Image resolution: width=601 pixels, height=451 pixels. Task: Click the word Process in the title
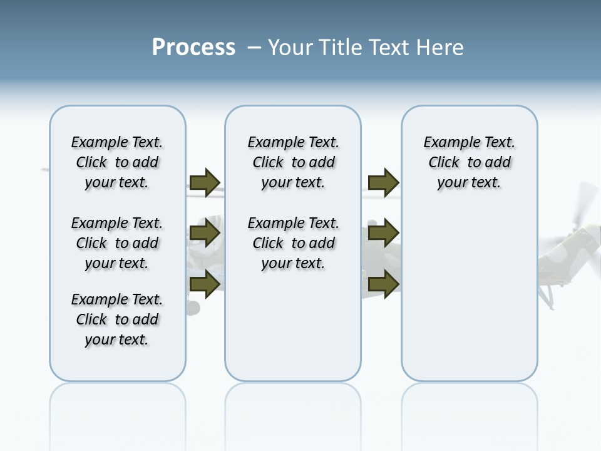coord(193,48)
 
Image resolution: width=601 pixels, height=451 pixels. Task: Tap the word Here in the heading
coord(439,48)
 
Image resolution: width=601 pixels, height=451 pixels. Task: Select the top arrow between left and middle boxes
coord(205,183)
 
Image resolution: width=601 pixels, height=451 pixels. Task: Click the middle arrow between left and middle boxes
coord(205,234)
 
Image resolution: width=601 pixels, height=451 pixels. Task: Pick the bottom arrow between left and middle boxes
coord(205,284)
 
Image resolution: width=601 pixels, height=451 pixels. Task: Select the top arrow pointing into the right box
coord(383,183)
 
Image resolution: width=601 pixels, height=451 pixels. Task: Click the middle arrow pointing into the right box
coord(383,234)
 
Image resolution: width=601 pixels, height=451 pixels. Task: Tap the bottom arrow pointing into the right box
coord(383,284)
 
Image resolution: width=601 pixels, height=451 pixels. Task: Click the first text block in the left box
coord(117,162)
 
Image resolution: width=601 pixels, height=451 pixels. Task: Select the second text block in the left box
coord(117,243)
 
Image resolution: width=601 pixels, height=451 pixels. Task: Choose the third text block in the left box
coord(117,319)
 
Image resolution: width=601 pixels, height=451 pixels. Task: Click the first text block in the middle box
coord(293,162)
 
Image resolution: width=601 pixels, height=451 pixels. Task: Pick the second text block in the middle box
coord(293,243)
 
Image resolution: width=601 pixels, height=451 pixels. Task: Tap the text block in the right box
coord(469,162)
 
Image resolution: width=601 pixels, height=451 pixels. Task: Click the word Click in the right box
coord(444,163)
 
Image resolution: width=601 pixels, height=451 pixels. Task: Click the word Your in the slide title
coord(290,48)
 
